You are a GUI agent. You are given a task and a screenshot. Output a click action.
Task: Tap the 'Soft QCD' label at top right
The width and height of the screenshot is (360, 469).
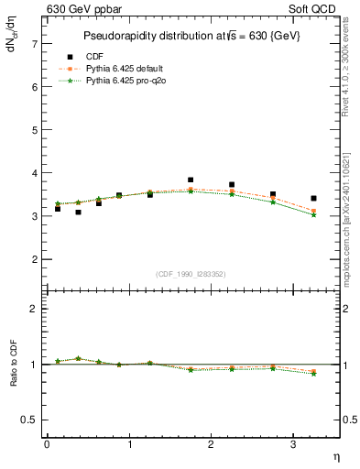[315, 9]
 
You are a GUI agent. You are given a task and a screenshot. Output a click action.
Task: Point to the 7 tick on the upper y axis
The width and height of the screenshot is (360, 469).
[33, 44]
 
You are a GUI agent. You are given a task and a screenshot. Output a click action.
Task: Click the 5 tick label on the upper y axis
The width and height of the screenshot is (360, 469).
[33, 130]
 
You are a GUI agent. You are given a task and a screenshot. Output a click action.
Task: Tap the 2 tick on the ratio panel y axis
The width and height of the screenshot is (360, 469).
[33, 309]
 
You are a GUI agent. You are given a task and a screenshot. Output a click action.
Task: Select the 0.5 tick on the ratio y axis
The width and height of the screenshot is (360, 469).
[29, 420]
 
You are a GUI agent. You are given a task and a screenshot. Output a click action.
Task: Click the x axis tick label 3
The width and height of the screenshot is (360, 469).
[292, 444]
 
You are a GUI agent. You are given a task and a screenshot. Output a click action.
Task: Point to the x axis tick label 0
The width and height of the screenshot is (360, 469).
[47, 444]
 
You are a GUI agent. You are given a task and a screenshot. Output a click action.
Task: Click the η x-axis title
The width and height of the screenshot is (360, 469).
[335, 457]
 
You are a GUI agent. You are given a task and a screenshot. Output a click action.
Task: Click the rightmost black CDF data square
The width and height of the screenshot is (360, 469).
[313, 198]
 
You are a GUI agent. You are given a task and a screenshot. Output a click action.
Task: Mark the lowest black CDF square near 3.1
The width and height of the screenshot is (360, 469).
[79, 212]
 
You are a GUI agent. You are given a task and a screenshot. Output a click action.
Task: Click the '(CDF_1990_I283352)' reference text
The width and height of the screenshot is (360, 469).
[191, 272]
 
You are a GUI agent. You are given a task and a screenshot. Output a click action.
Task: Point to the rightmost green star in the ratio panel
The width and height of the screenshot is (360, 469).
[313, 374]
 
